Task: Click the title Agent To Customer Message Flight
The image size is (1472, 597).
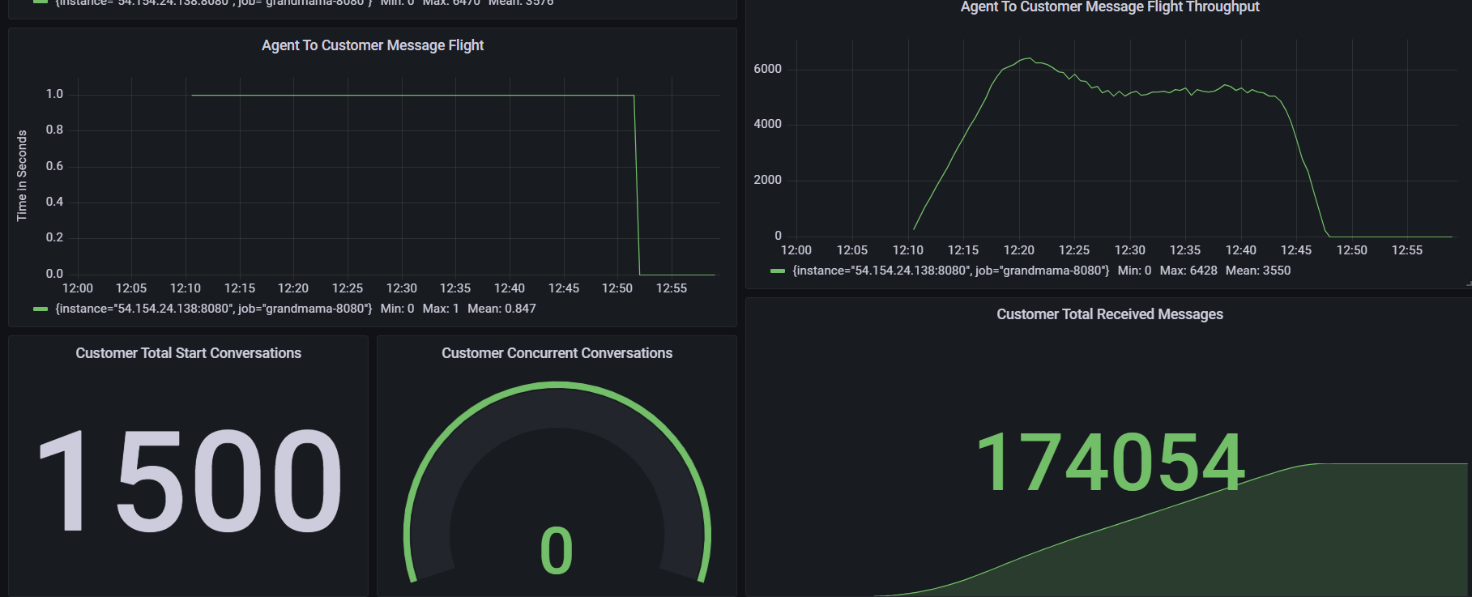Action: point(372,45)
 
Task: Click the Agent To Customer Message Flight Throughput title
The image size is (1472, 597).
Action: point(1109,7)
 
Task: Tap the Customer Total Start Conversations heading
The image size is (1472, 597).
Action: point(188,353)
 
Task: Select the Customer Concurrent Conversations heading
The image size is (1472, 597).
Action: point(557,353)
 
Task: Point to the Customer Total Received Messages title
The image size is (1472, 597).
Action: point(1109,314)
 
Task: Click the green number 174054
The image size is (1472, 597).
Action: point(1109,463)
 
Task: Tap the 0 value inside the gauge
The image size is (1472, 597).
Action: point(557,551)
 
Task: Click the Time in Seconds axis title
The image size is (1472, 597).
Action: point(22,175)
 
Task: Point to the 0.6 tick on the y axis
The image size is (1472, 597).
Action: point(54,166)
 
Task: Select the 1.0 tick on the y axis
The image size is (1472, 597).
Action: point(54,94)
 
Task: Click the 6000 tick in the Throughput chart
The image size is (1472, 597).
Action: point(767,69)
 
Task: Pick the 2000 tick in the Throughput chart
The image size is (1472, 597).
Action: point(767,180)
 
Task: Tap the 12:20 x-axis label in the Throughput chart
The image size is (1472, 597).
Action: point(1018,250)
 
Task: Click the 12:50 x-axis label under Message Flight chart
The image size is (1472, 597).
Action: point(617,288)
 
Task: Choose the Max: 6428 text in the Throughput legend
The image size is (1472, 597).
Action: point(1188,271)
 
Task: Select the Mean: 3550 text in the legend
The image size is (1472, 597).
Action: point(1257,271)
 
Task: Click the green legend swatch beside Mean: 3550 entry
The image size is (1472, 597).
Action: point(778,271)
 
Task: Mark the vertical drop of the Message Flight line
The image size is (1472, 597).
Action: point(637,186)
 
